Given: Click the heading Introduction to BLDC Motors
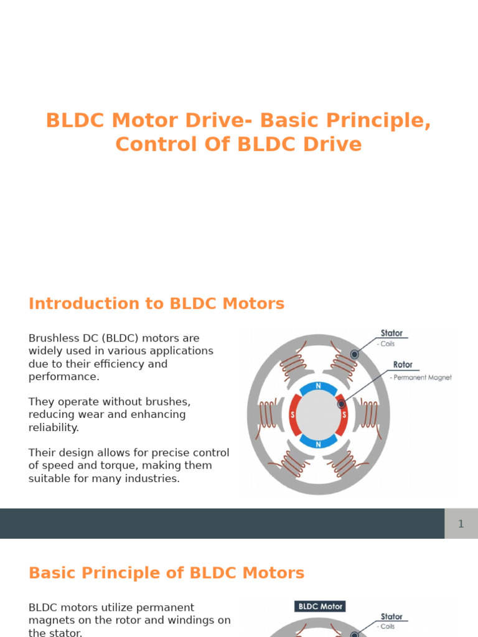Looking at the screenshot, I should (156, 304).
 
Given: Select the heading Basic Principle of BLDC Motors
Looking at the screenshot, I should (166, 573).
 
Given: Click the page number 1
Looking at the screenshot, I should (461, 524).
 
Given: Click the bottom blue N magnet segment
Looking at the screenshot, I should (319, 442).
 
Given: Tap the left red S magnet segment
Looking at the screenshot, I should (293, 415).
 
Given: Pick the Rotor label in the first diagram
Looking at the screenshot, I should (403, 365).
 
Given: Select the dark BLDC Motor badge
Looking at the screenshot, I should (320, 606).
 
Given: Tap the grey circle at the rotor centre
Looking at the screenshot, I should (319, 415).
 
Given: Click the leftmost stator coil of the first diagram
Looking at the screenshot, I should (268, 415).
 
